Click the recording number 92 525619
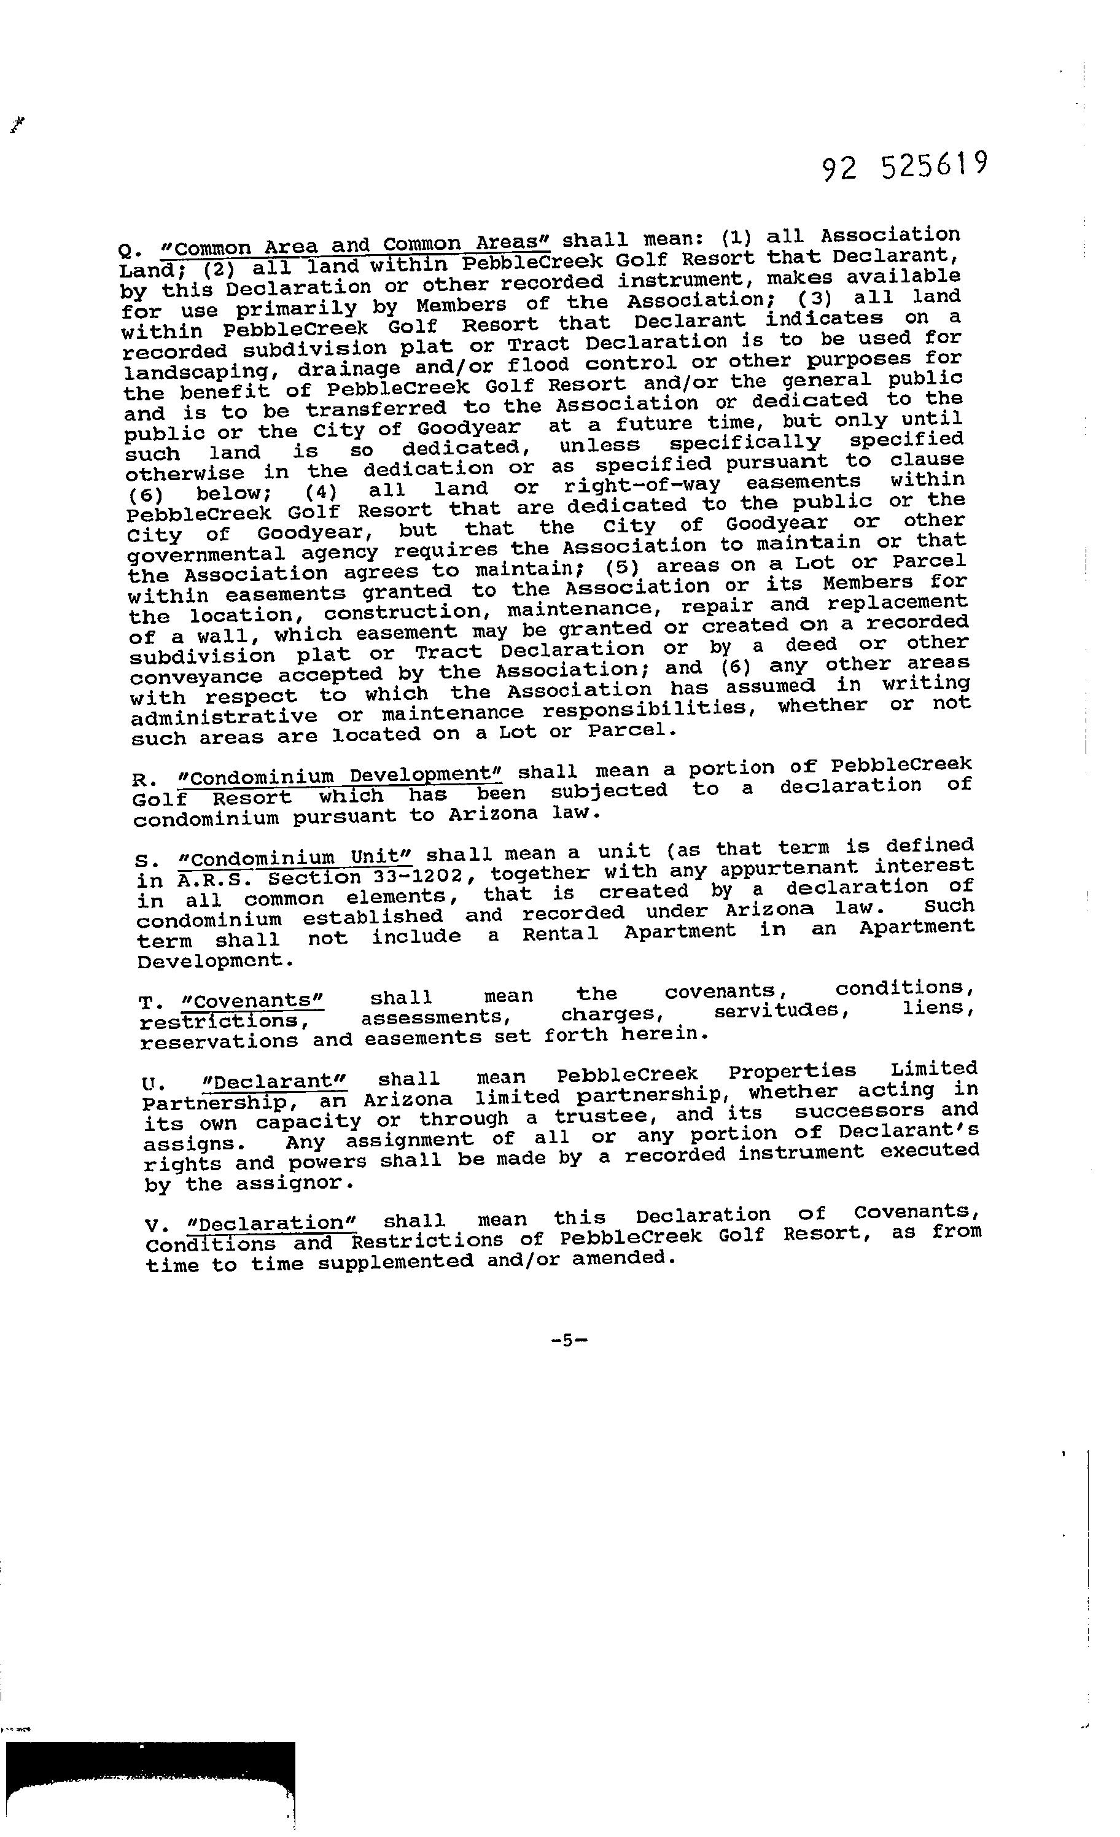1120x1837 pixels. coord(905,166)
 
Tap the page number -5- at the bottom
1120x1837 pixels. coord(570,1340)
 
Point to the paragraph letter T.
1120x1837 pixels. coord(146,1003)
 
